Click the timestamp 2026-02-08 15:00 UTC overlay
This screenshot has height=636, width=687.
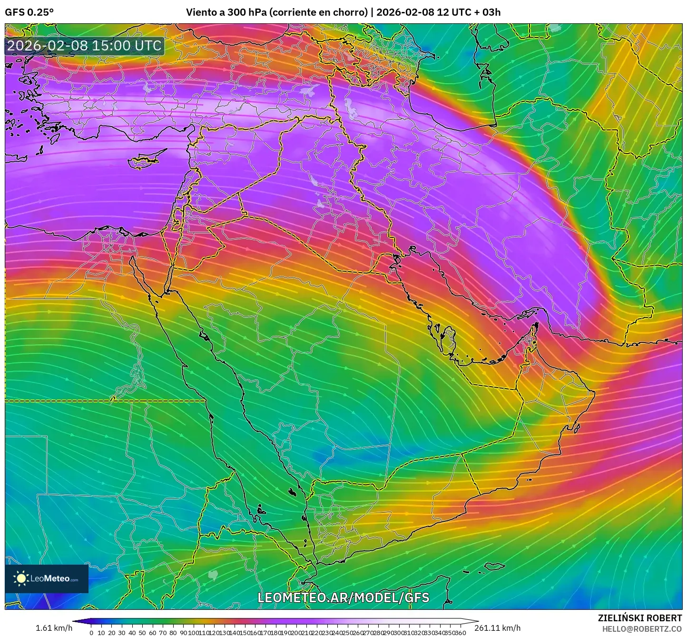point(84,46)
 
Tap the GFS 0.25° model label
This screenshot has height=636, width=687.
point(29,12)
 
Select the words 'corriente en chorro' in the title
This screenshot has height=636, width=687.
point(318,12)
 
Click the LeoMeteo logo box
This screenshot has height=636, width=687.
point(47,578)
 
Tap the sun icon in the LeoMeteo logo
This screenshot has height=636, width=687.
point(21,578)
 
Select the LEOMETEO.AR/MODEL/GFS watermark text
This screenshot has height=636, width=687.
point(343,597)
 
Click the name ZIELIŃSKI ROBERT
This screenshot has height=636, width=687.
point(640,618)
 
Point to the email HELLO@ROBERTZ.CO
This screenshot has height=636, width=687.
point(642,628)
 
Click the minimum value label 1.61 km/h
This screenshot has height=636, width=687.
point(54,628)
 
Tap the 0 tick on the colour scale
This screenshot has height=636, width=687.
point(91,633)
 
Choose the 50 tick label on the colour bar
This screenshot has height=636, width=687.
point(142,633)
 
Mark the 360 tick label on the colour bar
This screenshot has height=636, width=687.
point(460,633)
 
